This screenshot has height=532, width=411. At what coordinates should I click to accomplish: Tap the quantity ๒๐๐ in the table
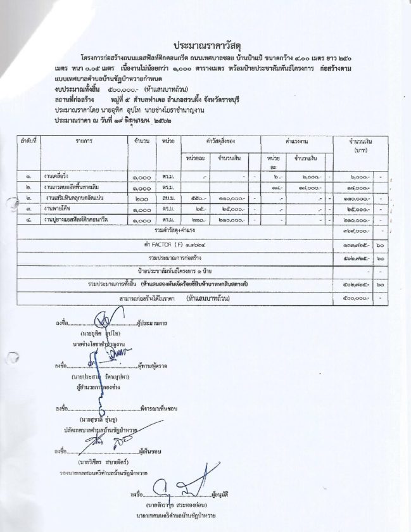point(141,199)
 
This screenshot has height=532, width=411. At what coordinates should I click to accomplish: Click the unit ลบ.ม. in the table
point(168,199)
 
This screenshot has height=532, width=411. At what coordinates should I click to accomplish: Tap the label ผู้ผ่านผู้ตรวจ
point(153,366)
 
